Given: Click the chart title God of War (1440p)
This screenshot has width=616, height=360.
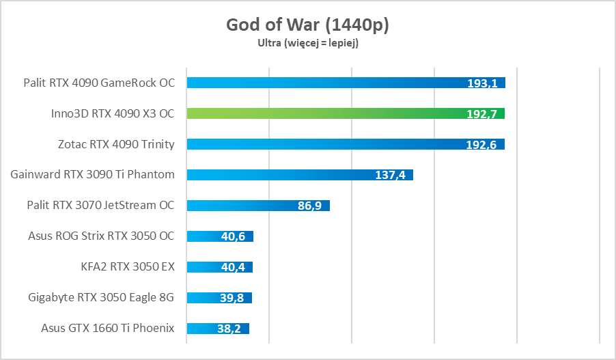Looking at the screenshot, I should [x=307, y=25].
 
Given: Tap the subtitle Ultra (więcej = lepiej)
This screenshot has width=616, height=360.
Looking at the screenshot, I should [x=307, y=43].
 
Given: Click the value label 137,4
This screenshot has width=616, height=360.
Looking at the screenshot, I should [x=390, y=176].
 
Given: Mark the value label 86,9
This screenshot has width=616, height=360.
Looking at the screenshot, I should [x=310, y=206].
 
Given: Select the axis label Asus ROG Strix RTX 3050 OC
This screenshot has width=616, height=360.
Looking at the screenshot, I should [x=101, y=236].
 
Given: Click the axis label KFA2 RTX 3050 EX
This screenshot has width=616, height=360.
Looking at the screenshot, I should [x=127, y=267].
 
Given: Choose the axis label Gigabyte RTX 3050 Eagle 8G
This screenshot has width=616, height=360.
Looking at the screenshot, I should [x=101, y=298].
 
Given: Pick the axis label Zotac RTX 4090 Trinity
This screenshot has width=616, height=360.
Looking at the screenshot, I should [x=116, y=144].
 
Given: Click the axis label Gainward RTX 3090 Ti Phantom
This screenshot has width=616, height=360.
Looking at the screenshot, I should [x=92, y=175].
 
